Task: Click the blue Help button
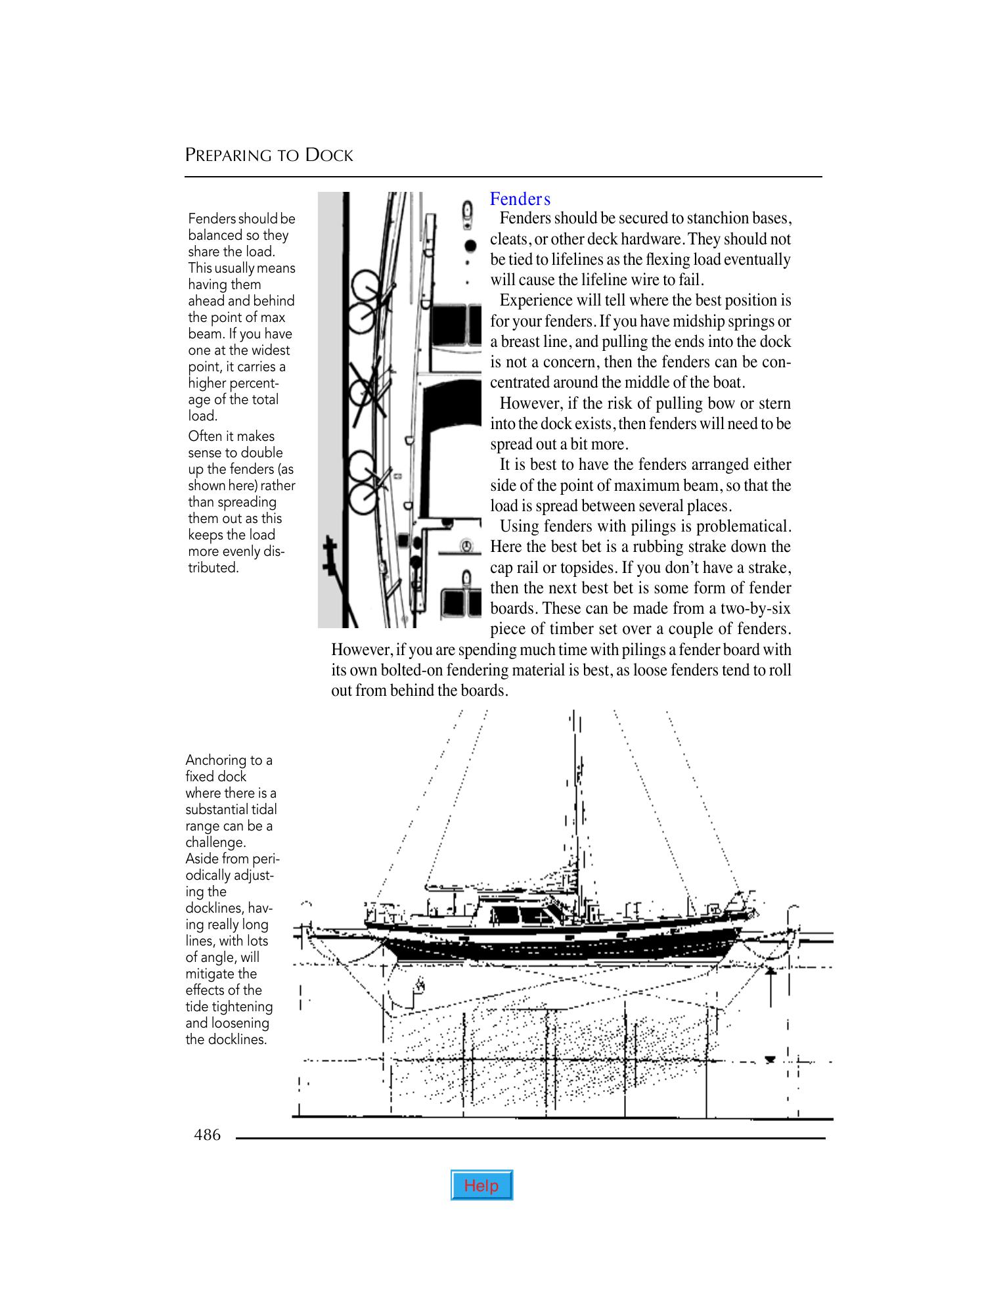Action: pos(481,1185)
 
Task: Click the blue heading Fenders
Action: pos(520,199)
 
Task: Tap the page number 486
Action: pos(207,1135)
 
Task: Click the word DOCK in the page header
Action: pos(330,156)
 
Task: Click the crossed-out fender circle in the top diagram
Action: pos(363,393)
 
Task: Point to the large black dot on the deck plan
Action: pos(470,246)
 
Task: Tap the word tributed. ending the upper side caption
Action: pos(213,568)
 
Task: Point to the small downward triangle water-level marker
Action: pos(770,1059)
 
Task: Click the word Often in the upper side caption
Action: pos(204,436)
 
